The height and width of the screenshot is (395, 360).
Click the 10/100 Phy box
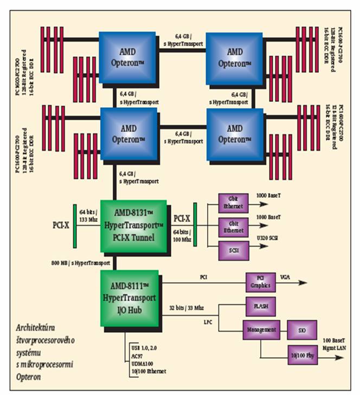pyautogui.click(x=302, y=354)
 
